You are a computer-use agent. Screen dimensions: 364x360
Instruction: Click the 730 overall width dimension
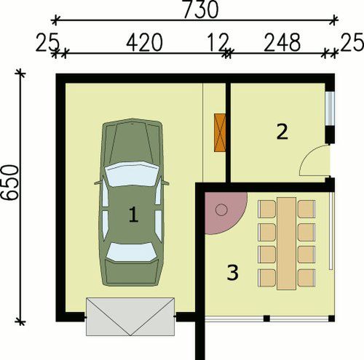click(x=201, y=9)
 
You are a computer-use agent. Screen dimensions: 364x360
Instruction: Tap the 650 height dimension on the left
click(x=10, y=183)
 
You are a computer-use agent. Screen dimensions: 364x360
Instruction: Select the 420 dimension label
click(x=144, y=43)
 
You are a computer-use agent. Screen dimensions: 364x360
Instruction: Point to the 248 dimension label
click(x=282, y=43)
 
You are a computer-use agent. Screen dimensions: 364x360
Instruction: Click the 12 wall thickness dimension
click(x=218, y=43)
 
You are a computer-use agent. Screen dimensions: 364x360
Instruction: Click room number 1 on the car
click(x=133, y=215)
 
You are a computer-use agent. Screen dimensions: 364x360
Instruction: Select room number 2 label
click(x=282, y=132)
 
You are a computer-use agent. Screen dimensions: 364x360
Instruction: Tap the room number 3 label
click(x=232, y=273)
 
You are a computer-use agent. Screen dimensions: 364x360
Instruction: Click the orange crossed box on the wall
click(x=220, y=132)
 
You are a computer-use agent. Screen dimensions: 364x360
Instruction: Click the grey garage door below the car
click(x=130, y=316)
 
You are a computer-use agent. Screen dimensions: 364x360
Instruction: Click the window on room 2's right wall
click(x=330, y=108)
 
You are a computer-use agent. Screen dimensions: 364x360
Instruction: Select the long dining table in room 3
click(x=287, y=244)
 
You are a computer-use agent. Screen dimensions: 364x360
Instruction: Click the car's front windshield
click(x=132, y=174)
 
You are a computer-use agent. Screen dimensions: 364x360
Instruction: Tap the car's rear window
click(x=131, y=252)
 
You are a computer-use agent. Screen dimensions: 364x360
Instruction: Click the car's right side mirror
click(x=165, y=183)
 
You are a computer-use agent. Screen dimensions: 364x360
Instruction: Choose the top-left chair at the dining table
click(x=266, y=209)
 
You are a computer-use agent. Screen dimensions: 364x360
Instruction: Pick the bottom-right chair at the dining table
click(x=306, y=278)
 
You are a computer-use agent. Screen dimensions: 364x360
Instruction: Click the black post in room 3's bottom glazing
click(x=266, y=319)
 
